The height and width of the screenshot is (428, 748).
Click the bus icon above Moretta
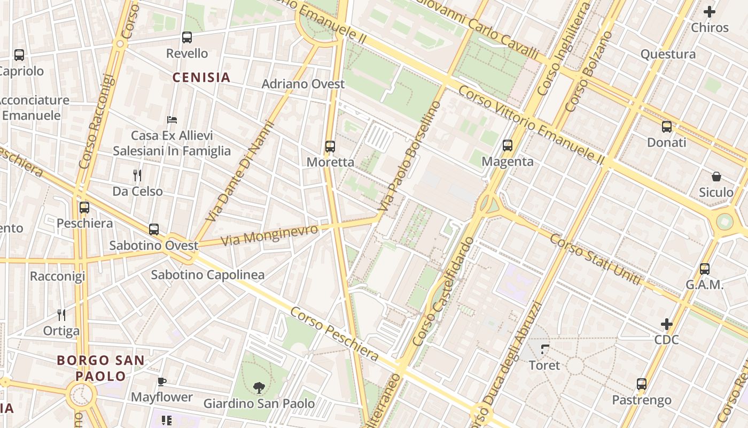[330, 146]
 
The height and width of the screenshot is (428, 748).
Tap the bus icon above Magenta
[508, 145]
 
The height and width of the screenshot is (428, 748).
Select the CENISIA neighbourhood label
[201, 78]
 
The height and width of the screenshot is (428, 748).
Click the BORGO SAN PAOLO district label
[100, 368]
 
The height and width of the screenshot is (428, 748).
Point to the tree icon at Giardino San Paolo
[259, 387]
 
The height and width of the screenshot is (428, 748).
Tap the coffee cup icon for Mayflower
[162, 381]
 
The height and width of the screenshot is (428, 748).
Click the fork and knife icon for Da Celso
[137, 175]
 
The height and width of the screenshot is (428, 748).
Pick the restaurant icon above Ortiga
[61, 315]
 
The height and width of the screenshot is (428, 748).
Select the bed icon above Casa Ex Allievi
[172, 119]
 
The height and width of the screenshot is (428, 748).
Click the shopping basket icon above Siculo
[716, 176]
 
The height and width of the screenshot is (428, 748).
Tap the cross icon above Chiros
[710, 11]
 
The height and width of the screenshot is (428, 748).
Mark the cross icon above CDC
[666, 324]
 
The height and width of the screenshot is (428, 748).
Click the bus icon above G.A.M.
[705, 269]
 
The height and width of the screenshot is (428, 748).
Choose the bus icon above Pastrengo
[642, 384]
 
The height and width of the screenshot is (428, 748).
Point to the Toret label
[544, 365]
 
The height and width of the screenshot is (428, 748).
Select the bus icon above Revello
[186, 37]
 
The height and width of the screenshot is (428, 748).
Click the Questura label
[668, 54]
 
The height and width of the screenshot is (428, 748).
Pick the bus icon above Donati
[667, 126]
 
